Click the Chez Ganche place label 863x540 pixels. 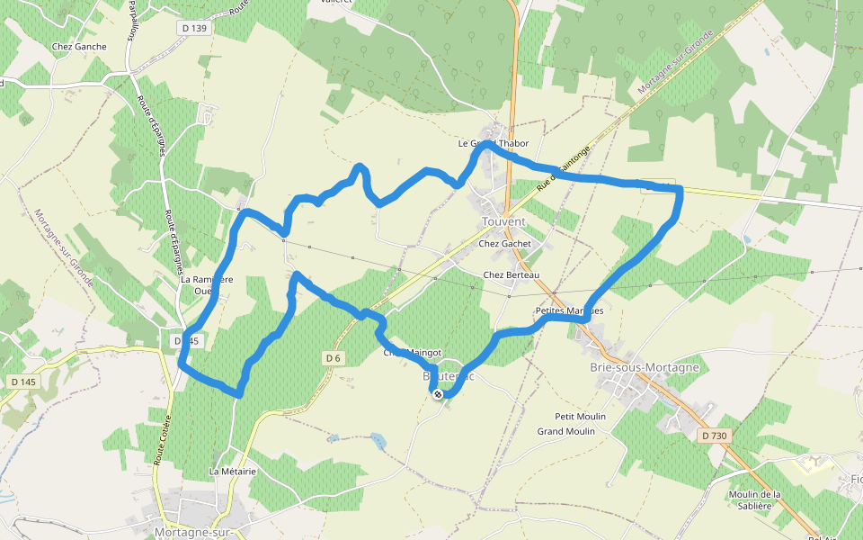click(x=79, y=47)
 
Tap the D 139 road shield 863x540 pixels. click(x=193, y=28)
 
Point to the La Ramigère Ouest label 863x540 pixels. click(x=207, y=284)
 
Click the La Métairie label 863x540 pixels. click(x=233, y=471)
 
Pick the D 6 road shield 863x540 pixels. click(x=334, y=358)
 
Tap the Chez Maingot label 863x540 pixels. click(x=413, y=353)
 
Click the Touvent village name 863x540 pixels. click(x=503, y=221)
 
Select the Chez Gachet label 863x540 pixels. click(x=505, y=243)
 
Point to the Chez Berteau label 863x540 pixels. click(x=511, y=274)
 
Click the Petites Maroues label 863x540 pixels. click(x=569, y=310)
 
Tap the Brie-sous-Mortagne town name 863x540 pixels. click(x=645, y=367)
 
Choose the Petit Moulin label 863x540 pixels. click(x=580, y=417)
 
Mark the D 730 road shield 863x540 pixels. click(x=713, y=436)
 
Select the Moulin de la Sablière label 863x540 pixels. click(x=756, y=499)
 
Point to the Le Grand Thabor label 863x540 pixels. click(x=494, y=143)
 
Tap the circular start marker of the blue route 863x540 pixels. click(x=438, y=394)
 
